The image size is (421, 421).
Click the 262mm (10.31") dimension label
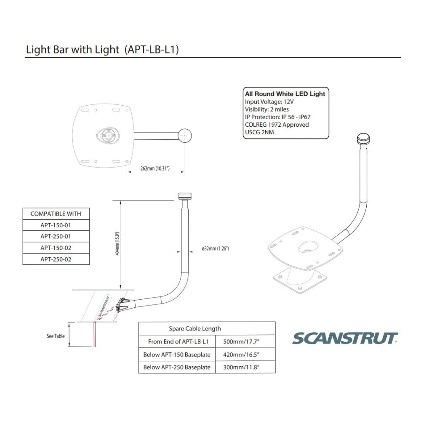(155, 168)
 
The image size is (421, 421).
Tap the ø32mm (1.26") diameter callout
(215, 249)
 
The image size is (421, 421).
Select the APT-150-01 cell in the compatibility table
(56, 225)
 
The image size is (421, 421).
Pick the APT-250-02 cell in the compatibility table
(56, 259)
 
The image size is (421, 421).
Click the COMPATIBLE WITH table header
(56, 214)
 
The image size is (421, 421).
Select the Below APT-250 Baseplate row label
(177, 367)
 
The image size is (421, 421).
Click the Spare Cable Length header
(195, 328)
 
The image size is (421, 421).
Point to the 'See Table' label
(56, 336)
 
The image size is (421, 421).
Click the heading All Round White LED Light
(285, 94)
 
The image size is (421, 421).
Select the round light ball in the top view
(185, 136)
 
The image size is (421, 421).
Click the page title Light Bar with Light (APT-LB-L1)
(103, 49)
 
